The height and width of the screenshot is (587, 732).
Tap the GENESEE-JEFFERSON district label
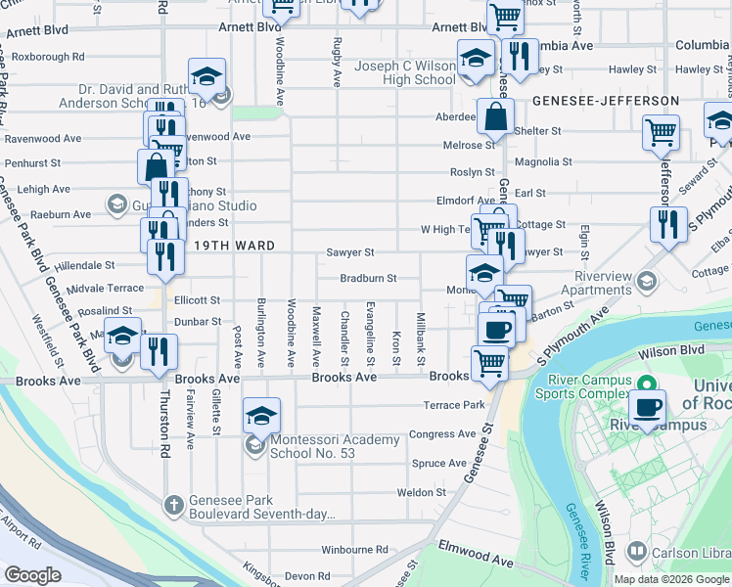tap(606, 101)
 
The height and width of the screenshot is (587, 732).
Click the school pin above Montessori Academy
tap(261, 417)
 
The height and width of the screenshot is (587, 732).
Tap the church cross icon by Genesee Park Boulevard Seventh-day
tap(173, 504)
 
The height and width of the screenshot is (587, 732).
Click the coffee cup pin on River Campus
tap(647, 407)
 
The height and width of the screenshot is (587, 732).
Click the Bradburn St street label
tap(368, 278)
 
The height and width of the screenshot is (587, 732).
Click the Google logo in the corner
tap(32, 575)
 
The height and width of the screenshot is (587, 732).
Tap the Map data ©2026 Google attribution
tap(671, 579)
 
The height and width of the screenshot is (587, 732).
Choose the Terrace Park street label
tap(454, 405)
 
